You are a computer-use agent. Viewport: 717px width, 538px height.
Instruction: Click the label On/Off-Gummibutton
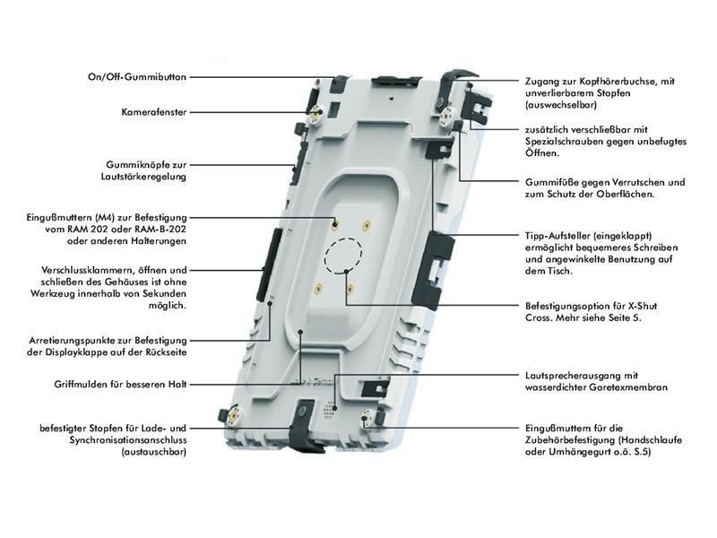[137, 77]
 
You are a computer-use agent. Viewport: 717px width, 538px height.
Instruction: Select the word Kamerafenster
[153, 112]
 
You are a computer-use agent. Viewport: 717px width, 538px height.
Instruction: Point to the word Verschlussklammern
[86, 270]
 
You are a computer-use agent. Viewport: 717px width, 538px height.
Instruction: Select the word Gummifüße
[555, 182]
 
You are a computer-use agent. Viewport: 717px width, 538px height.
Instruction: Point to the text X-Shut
[622, 305]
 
